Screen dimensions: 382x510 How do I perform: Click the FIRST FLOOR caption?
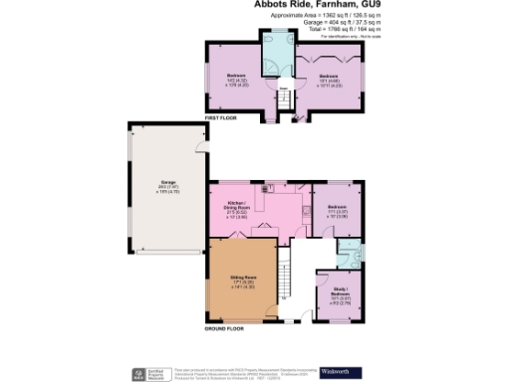[x=219, y=118]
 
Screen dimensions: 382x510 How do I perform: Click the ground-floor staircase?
[x=285, y=274]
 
